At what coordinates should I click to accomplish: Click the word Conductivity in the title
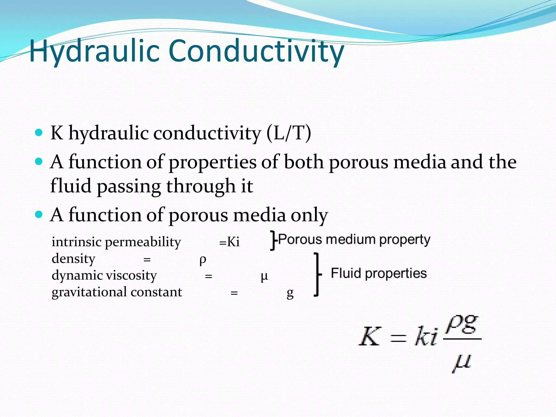256,51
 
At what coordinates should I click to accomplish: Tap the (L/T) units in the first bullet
288,133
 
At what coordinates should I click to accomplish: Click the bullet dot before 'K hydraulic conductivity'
39,133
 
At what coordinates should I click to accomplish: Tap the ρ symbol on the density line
203,260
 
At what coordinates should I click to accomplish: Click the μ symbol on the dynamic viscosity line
264,277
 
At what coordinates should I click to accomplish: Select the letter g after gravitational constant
290,293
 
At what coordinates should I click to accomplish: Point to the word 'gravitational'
90,292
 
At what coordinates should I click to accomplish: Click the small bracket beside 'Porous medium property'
273,240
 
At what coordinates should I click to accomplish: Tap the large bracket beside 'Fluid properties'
317,274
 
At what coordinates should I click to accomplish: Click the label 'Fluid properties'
378,273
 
